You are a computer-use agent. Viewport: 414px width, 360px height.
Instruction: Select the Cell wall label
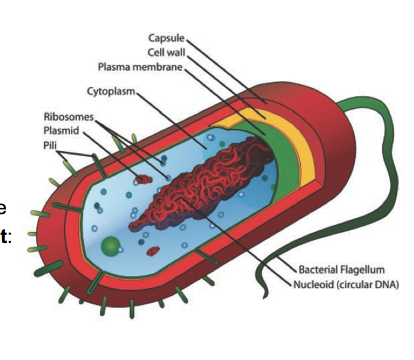click(x=165, y=52)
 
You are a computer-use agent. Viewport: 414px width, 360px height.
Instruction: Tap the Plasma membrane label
click(x=140, y=66)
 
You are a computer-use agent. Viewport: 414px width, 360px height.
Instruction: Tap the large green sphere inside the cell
click(x=111, y=246)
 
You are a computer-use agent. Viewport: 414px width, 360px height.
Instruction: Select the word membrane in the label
click(x=160, y=66)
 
